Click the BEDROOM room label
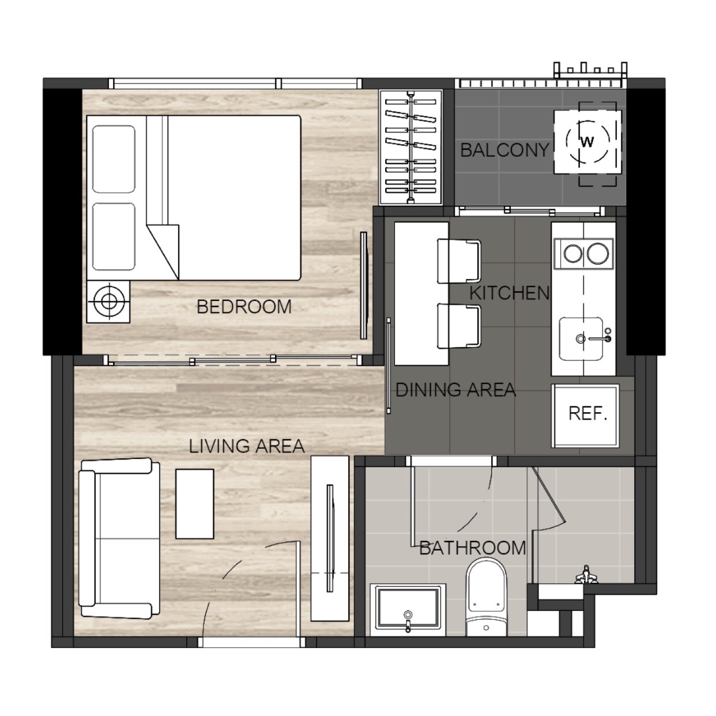pyautogui.click(x=244, y=307)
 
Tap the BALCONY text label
pyautogui.click(x=504, y=150)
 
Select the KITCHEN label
pyautogui.click(x=510, y=293)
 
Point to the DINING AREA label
pyautogui.click(x=455, y=390)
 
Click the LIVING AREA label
pyautogui.click(x=247, y=446)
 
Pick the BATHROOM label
pyautogui.click(x=473, y=548)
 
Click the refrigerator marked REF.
pyautogui.click(x=585, y=416)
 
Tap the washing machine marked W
pyautogui.click(x=587, y=142)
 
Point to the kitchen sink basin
pyautogui.click(x=581, y=338)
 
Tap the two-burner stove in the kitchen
pyautogui.click(x=583, y=254)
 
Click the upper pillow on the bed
pyautogui.click(x=114, y=159)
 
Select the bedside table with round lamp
pyautogui.click(x=108, y=302)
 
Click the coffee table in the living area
pyautogui.click(x=195, y=503)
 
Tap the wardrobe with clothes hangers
pyautogui.click(x=410, y=147)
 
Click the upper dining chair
pyautogui.click(x=459, y=261)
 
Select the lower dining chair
pyautogui.click(x=459, y=326)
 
